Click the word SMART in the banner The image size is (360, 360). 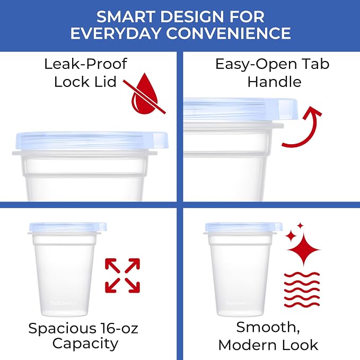coord(126,17)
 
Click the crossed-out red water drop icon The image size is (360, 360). coord(144,94)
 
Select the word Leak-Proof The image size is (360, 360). coord(85,64)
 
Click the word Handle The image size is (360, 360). coord(274,82)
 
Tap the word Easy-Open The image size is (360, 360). coord(254,64)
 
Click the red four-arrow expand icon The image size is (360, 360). coord(122,276)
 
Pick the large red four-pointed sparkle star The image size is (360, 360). coord(304,250)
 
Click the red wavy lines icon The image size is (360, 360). coord(302,289)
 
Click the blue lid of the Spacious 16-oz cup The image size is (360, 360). coord(68,227)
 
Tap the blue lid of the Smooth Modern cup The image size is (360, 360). coord(244,227)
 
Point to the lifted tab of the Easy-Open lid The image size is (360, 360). coord(288,110)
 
